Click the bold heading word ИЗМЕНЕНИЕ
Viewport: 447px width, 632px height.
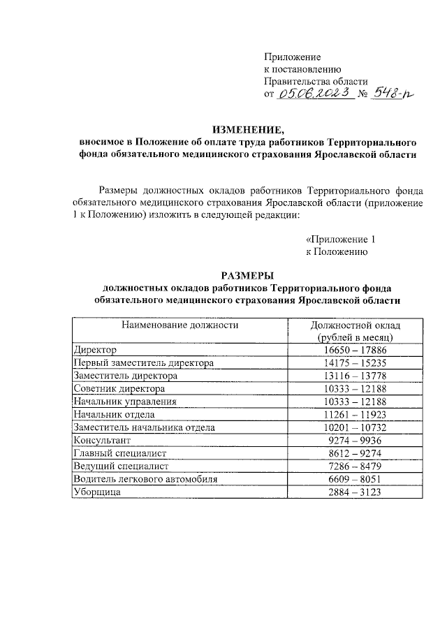pyautogui.click(x=248, y=128)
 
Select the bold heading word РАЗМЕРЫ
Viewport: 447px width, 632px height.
pyautogui.click(x=248, y=274)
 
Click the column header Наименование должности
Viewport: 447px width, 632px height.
pyautogui.click(x=180, y=325)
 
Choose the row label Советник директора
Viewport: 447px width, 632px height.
pyautogui.click(x=119, y=388)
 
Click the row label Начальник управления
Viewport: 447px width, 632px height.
pyautogui.click(x=125, y=401)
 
